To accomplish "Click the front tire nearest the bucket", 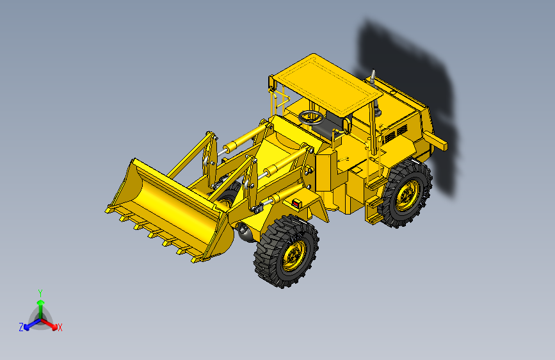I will coord(286,252).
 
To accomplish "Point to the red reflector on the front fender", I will coord(296,203).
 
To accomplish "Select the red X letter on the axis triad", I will coord(60,328).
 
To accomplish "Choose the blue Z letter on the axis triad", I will coord(20,327).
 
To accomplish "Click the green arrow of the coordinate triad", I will coord(40,304).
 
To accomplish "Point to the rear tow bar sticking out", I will coord(437,142).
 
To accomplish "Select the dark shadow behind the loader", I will coord(410,70).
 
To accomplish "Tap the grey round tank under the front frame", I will coord(245,231).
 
